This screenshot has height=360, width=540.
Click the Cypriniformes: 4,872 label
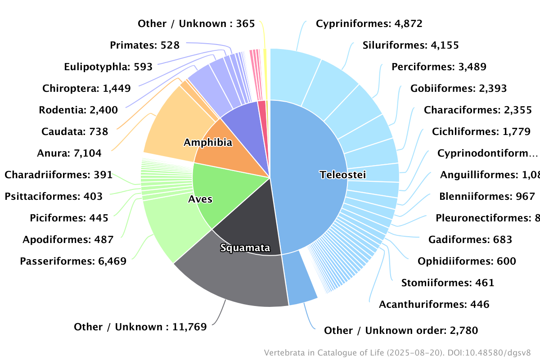pos(369,23)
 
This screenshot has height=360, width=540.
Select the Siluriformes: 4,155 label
pos(410,45)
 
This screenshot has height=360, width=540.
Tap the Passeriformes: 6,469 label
pos(73,261)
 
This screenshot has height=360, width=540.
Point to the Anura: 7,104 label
pos(69,153)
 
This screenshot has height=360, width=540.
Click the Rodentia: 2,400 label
pos(78,110)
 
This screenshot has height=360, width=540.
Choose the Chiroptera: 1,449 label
pos(86,88)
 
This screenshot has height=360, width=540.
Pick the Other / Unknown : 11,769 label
pos(140,327)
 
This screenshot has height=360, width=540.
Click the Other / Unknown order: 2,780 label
pos(400,331)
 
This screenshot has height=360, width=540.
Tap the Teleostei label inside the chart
pos(343,175)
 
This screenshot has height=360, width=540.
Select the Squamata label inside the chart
pos(245,248)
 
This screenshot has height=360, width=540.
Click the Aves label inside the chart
pos(200,199)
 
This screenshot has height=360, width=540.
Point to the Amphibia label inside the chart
pos(208,143)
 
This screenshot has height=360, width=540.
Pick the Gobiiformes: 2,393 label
pos(458,88)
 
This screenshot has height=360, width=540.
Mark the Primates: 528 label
pos(144,45)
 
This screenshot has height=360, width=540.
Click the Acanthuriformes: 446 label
pos(434,305)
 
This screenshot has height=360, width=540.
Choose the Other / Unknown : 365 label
pos(196,23)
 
